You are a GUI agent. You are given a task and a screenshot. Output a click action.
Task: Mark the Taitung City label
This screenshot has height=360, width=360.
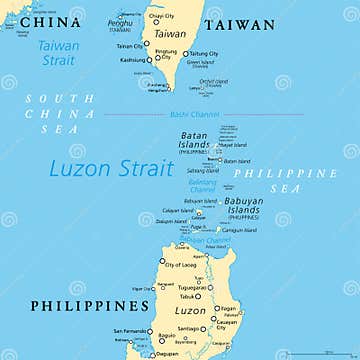[x=205, y=53]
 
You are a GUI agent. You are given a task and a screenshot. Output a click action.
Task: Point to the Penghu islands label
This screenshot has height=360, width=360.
[x=119, y=21]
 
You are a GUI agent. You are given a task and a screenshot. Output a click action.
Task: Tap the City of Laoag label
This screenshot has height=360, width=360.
[x=179, y=264]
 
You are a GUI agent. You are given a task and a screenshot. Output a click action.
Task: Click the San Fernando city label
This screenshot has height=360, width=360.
[x=130, y=331]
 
